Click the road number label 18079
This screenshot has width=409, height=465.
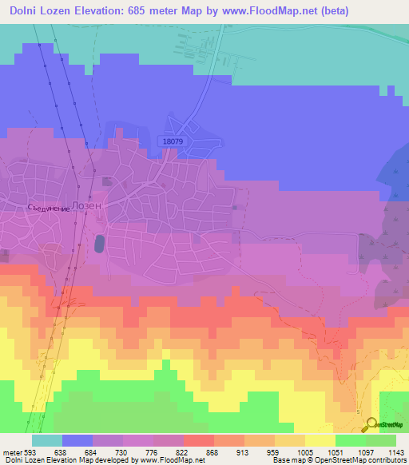(173, 141)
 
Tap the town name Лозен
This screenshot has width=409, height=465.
(86, 205)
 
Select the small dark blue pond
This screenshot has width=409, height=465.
(99, 243)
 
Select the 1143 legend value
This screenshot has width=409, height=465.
(395, 451)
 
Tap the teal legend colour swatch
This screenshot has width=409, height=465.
(47, 440)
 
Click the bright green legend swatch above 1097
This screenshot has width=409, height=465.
(351, 440)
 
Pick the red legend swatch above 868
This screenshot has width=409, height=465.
(199, 440)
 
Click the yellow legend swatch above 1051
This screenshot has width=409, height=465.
(320, 440)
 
